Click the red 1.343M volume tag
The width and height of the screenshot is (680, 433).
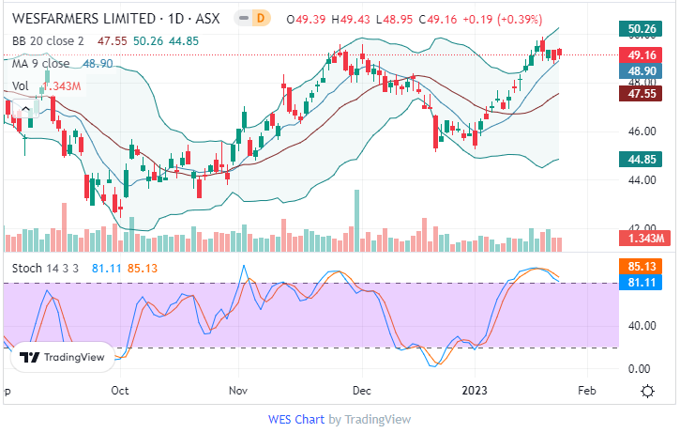tap(647, 239)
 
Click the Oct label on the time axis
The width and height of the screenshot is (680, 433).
tap(119, 389)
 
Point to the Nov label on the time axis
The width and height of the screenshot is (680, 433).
tap(238, 389)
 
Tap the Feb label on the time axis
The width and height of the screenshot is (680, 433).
tap(587, 389)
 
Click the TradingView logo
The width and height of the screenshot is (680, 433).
tap(63, 357)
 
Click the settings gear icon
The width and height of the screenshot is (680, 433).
tap(647, 390)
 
